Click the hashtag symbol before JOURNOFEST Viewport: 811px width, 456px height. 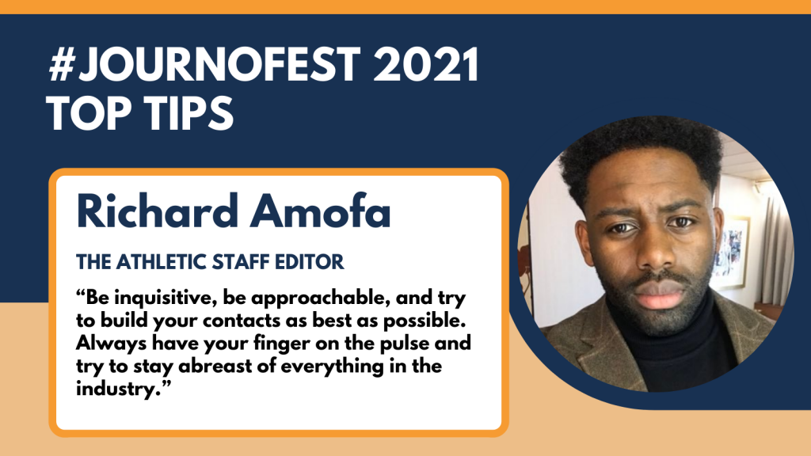click(63, 64)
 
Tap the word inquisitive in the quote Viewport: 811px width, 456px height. click(165, 298)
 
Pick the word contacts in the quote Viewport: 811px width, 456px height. click(242, 321)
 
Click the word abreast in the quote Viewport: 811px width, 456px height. click(227, 366)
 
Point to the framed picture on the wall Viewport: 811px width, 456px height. click(729, 252)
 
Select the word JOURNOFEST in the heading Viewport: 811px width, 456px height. click(219, 64)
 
